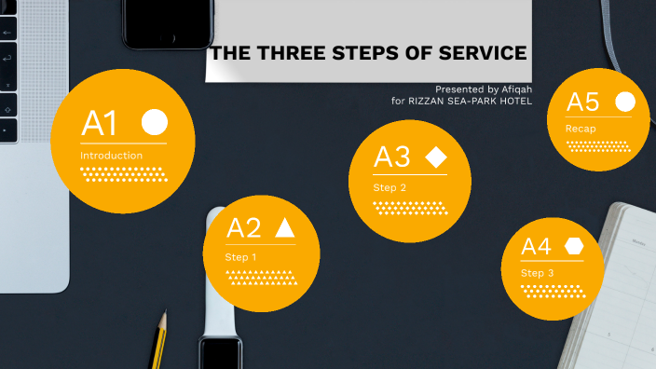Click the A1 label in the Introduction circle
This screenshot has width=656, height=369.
100,123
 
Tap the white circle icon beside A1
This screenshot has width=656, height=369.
155,122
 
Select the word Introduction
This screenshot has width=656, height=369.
112,156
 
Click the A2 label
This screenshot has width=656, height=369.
244,228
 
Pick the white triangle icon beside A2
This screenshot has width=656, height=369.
284,227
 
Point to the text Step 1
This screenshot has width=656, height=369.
240,256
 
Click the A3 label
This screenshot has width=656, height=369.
391,157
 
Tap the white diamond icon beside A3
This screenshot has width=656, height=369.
435,157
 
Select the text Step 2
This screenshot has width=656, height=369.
389,187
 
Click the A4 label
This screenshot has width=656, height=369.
536,247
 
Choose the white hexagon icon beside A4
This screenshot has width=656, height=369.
573,246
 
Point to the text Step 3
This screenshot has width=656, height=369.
537,273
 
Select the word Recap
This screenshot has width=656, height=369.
580,129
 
